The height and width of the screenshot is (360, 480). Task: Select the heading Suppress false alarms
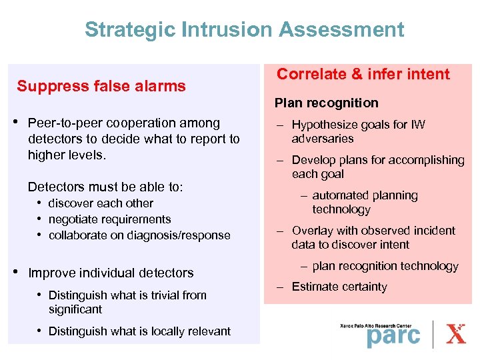click(101, 86)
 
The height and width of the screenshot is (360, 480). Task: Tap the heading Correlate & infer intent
click(363, 74)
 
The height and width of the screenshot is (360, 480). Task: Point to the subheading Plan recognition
click(327, 103)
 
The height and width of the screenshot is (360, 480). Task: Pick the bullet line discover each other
click(101, 203)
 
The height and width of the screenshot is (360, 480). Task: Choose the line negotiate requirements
click(109, 219)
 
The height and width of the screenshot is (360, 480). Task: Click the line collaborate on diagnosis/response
click(139, 235)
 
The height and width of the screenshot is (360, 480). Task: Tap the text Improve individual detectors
click(111, 273)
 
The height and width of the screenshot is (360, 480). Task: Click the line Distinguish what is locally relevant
click(139, 331)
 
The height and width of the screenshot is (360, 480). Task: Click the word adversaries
click(323, 139)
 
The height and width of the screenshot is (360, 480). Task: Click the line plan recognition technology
click(385, 266)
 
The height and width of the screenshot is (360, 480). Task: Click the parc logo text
click(393, 335)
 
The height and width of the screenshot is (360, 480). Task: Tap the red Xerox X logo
click(456, 333)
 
